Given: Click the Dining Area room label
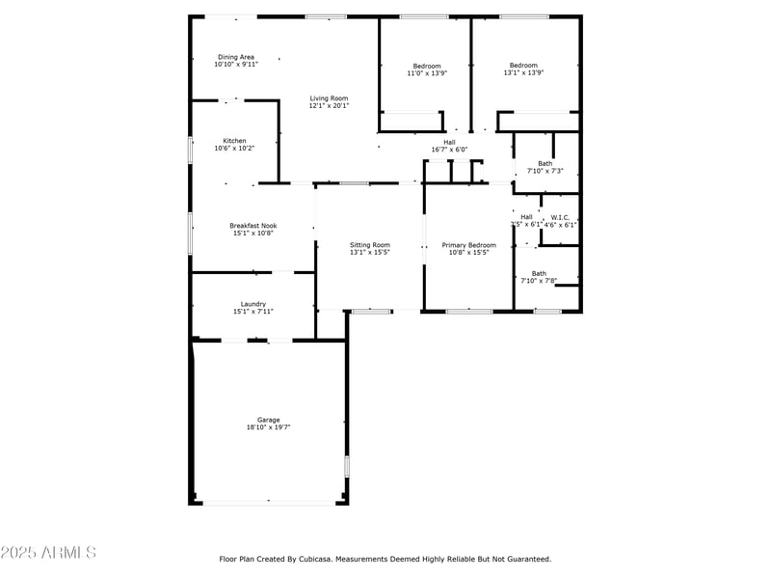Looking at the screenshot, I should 235,57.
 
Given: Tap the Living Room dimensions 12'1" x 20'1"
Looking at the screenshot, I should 329,106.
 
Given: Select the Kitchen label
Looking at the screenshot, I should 234,141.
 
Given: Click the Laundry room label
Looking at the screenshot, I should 253,304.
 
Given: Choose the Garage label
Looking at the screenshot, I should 268,420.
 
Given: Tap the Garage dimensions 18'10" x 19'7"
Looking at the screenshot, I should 268,427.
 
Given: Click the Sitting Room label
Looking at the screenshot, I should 369,245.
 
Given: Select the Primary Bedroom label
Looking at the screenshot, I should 468,245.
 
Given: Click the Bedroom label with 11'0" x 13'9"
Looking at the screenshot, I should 427,66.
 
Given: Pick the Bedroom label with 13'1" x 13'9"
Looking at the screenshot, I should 523,66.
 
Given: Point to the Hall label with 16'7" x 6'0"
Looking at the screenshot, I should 449,142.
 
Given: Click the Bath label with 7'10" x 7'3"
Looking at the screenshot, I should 545,163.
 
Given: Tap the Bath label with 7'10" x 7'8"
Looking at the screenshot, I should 539,273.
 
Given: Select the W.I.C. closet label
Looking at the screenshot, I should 560,217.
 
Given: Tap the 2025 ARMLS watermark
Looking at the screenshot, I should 48,553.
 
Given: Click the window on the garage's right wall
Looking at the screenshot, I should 346,466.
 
